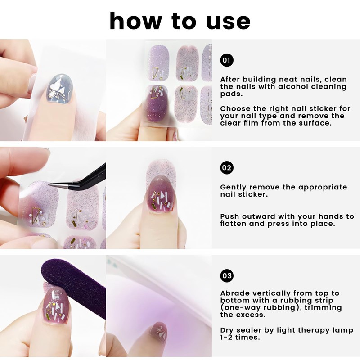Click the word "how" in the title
[136, 21]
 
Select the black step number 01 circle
[227, 60]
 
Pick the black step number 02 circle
[227, 167]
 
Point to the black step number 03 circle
[227, 275]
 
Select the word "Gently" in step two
[233, 188]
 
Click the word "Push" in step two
[229, 216]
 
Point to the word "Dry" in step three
[227, 331]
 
